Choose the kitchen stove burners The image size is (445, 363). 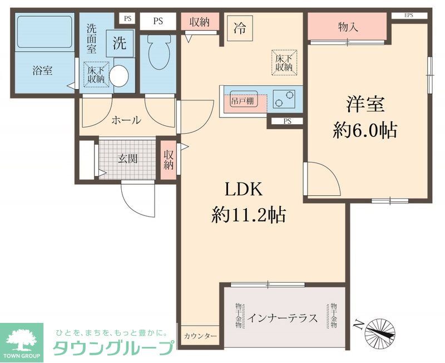point(287,99)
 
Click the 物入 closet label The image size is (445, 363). point(348,27)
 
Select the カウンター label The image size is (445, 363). point(200,336)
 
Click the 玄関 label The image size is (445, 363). point(128,158)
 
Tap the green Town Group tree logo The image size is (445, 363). point(22,339)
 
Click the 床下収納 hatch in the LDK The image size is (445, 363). point(284,62)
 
